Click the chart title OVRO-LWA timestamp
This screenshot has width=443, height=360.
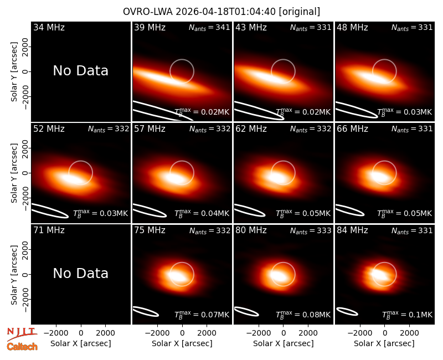click(221, 12)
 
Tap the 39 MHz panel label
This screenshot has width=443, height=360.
click(150, 27)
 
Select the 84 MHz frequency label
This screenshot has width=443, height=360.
click(352, 230)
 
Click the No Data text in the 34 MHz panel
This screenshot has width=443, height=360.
click(80, 71)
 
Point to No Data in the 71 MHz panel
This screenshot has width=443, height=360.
click(80, 273)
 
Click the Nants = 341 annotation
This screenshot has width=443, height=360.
click(209, 28)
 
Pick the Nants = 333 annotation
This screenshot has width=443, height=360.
click(311, 231)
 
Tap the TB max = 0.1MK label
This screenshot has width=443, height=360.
click(407, 314)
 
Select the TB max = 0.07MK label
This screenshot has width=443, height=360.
click(202, 314)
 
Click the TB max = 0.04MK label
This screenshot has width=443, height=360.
click(202, 213)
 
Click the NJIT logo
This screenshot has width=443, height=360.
click(22, 333)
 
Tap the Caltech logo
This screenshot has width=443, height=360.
click(22, 347)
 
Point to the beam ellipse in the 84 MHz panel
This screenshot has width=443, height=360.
click(347, 311)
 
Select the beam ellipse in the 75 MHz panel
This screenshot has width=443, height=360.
click(145, 311)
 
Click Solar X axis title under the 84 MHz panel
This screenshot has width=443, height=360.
click(384, 343)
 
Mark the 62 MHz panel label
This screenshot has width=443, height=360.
click(251, 129)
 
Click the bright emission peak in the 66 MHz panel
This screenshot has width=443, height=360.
click(380, 176)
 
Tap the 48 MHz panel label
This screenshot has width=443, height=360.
click(352, 27)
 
